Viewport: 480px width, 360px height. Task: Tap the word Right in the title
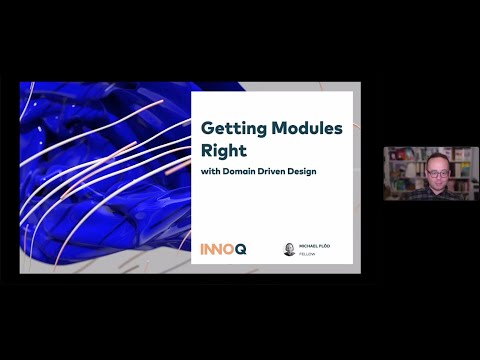pyautogui.click(x=224, y=150)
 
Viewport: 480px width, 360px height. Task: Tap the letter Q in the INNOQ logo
pyautogui.click(x=240, y=246)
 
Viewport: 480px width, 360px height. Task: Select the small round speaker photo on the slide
pyautogui.click(x=289, y=248)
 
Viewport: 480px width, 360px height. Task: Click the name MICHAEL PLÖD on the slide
pyautogui.click(x=316, y=244)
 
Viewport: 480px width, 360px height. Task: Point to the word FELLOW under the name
pyautogui.click(x=307, y=253)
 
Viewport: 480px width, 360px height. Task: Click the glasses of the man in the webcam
pyautogui.click(x=438, y=171)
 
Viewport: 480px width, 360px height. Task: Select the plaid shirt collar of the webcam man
pyautogui.click(x=438, y=190)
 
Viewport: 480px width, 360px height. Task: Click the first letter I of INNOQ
pyautogui.click(x=203, y=246)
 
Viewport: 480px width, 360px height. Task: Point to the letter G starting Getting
pyautogui.click(x=208, y=129)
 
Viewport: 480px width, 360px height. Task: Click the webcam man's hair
pyautogui.click(x=438, y=155)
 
